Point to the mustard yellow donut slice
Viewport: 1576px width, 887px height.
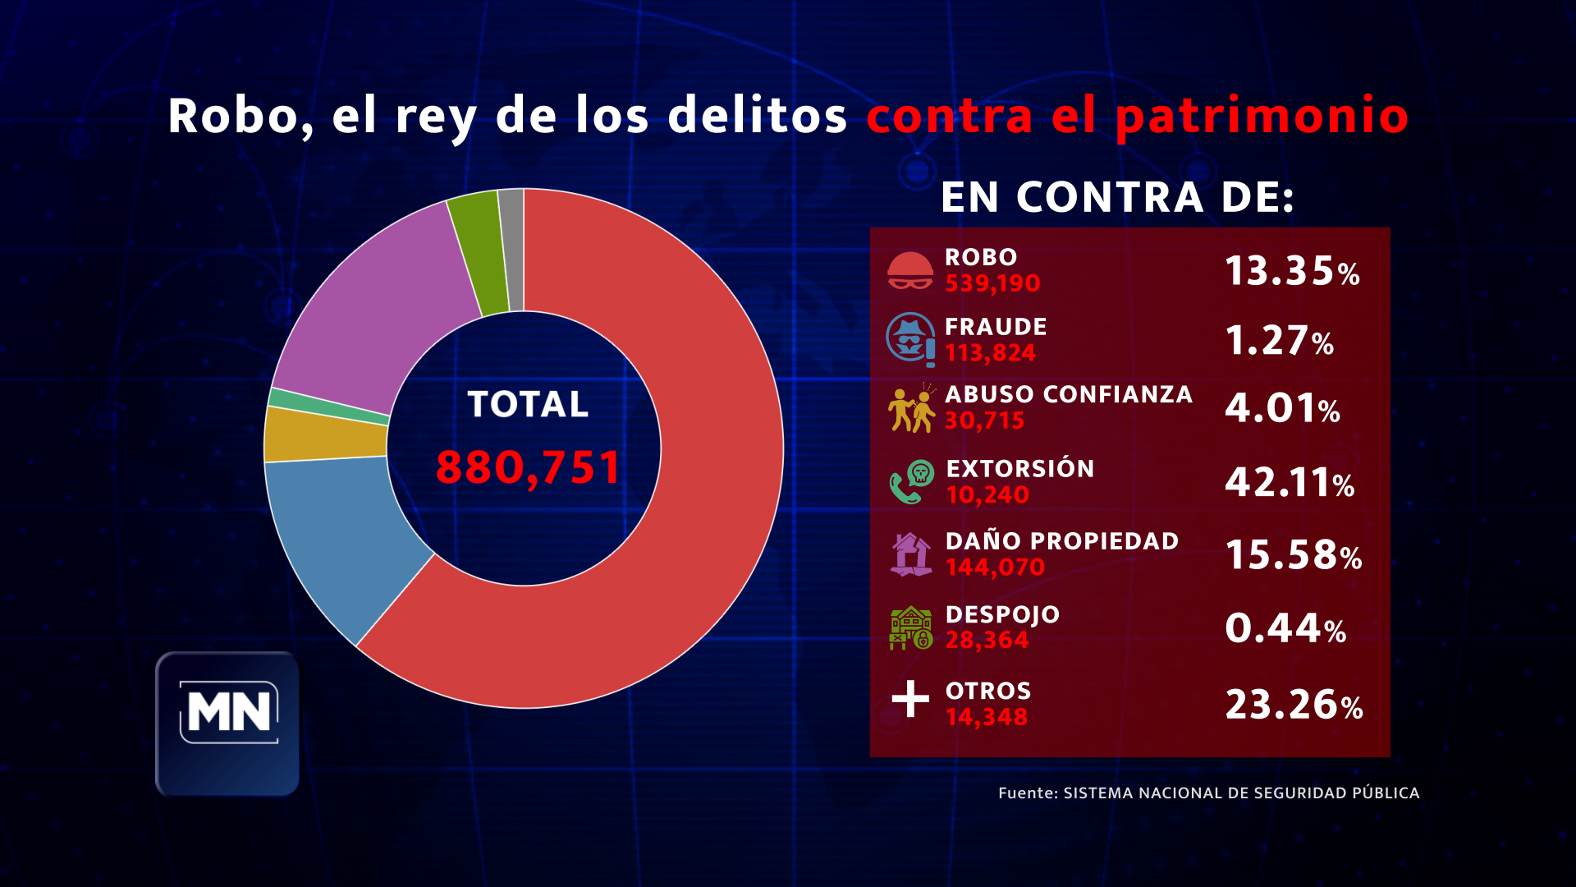[326, 434]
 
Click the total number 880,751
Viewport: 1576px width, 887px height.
[528, 467]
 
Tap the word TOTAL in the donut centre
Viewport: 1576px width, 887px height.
[528, 404]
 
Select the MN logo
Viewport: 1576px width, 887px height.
[228, 723]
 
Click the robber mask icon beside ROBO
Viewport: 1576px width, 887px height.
[909, 270]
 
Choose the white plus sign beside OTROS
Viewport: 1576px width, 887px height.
[910, 699]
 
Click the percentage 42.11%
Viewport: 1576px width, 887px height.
[1289, 483]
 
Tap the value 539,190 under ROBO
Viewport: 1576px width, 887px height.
[992, 283]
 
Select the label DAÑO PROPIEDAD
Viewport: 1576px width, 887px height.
[1061, 541]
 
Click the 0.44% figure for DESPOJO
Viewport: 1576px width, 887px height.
[1285, 629]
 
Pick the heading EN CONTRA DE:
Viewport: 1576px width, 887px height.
[1117, 198]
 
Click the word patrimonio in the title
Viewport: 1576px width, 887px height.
[1262, 115]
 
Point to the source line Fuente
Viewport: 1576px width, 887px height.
[1208, 793]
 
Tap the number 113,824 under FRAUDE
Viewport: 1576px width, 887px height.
[990, 353]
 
